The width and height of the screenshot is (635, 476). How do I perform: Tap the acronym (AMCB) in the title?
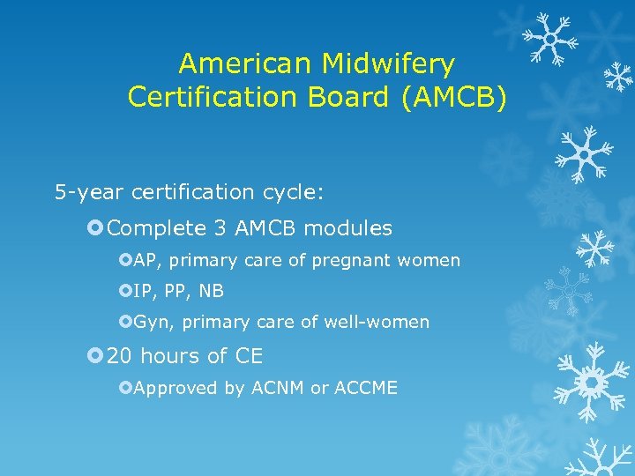click(x=454, y=97)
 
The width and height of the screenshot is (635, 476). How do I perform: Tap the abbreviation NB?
click(x=212, y=291)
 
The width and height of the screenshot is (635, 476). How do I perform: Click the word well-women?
click(x=385, y=323)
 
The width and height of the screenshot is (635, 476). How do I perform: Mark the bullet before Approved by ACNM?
click(x=126, y=388)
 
